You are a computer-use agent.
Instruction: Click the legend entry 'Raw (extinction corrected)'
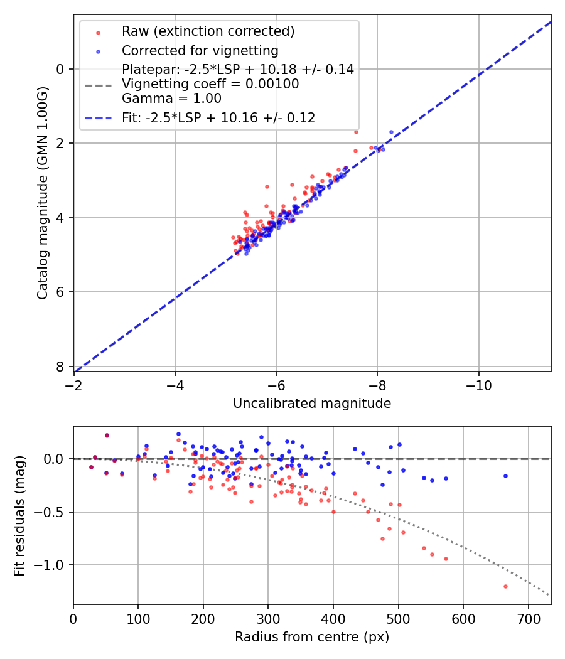tap(208, 31)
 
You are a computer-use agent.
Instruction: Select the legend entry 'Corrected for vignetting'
tap(200, 50)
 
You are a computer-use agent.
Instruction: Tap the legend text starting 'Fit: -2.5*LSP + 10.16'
tap(218, 117)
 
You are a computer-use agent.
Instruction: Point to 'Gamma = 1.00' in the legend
tap(171, 98)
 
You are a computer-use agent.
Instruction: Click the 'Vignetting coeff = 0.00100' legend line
tap(210, 84)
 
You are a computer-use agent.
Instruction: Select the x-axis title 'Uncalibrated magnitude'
tap(312, 404)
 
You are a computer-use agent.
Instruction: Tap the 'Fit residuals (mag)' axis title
tap(19, 515)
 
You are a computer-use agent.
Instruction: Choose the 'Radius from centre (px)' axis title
tap(312, 637)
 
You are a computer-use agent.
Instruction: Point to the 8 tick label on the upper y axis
tap(60, 367)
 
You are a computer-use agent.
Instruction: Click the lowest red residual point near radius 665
tap(505, 586)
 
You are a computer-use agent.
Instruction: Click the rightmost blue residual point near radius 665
tap(505, 476)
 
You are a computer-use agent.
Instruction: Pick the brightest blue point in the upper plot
tap(391, 132)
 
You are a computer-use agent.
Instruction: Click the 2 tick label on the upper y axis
tap(60, 144)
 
